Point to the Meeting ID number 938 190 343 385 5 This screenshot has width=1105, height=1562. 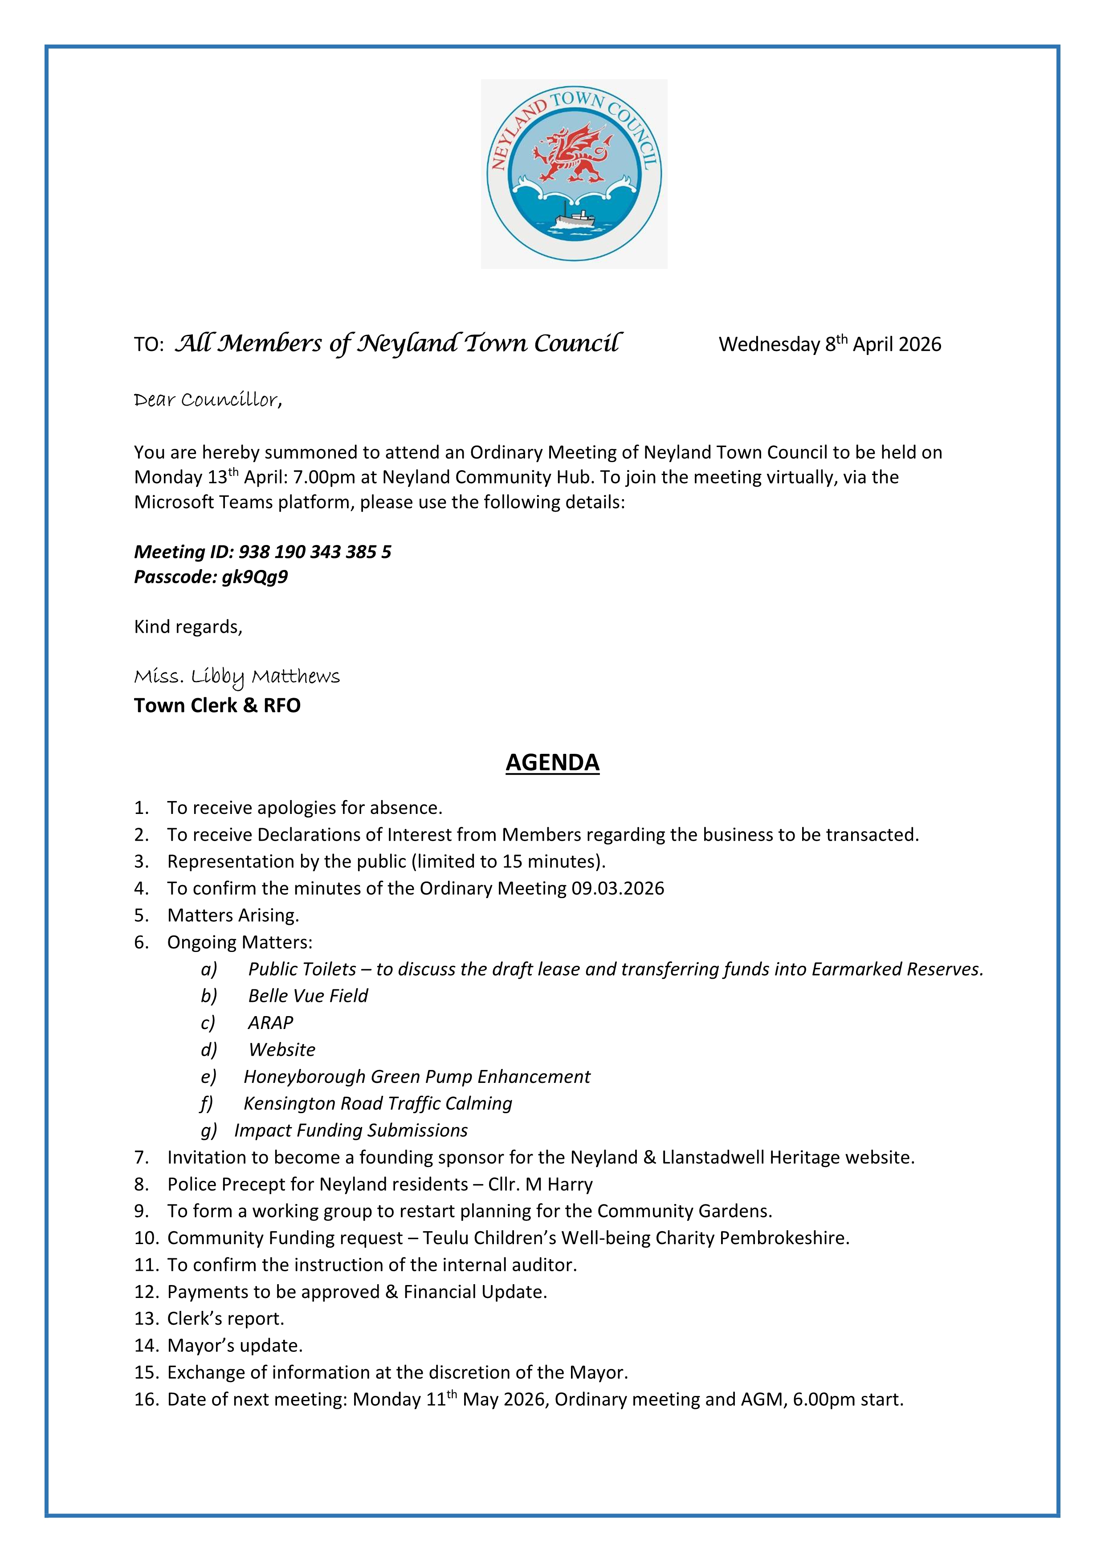tap(315, 552)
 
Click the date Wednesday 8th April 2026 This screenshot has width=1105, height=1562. tap(829, 344)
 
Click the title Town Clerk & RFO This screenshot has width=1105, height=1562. tap(217, 705)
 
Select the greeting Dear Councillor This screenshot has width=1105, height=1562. tap(208, 399)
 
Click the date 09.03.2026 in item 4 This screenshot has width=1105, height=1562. tap(617, 888)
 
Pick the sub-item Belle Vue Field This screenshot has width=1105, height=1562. tap(308, 996)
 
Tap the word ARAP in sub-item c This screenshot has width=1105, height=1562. tap(270, 1022)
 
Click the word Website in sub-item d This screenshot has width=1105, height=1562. tap(281, 1050)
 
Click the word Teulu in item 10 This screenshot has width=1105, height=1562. tap(445, 1238)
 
